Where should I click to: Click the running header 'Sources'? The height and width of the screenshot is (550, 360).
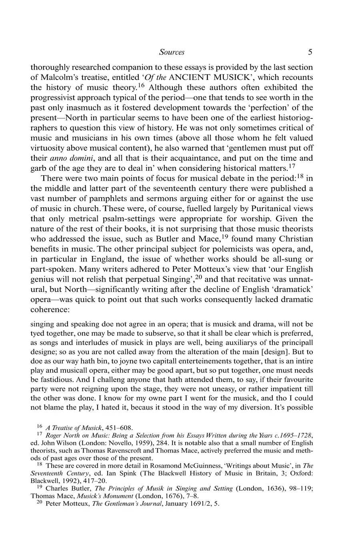pyautogui.click(x=172, y=52)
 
